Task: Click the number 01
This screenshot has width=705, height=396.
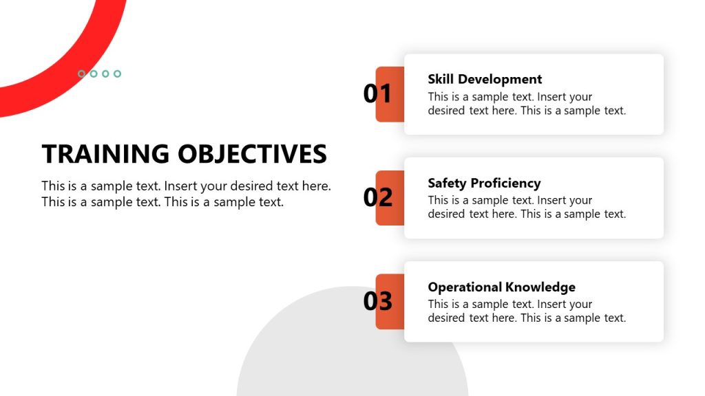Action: [x=377, y=93]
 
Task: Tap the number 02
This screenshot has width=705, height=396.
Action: [x=378, y=197]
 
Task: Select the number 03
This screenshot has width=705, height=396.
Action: [x=378, y=301]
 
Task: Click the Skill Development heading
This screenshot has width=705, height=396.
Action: [x=485, y=79]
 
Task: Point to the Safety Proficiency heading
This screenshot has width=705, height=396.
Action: [x=484, y=183]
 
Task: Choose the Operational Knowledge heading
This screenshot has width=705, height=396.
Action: [x=501, y=287]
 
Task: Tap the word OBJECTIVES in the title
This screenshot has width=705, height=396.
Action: [x=252, y=153]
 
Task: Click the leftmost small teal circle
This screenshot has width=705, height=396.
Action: [x=81, y=74]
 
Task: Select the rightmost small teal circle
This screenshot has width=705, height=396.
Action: [x=117, y=74]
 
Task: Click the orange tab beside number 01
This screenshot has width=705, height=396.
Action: [x=396, y=94]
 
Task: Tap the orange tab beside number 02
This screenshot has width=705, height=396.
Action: [x=396, y=198]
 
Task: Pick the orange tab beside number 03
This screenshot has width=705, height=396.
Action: [x=396, y=302]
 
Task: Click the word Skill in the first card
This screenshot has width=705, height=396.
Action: [x=441, y=79]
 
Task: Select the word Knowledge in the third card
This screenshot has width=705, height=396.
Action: [x=541, y=287]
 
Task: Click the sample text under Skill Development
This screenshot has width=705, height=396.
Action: [x=527, y=104]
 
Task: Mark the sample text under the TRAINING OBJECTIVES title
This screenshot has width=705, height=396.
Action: [x=186, y=194]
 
